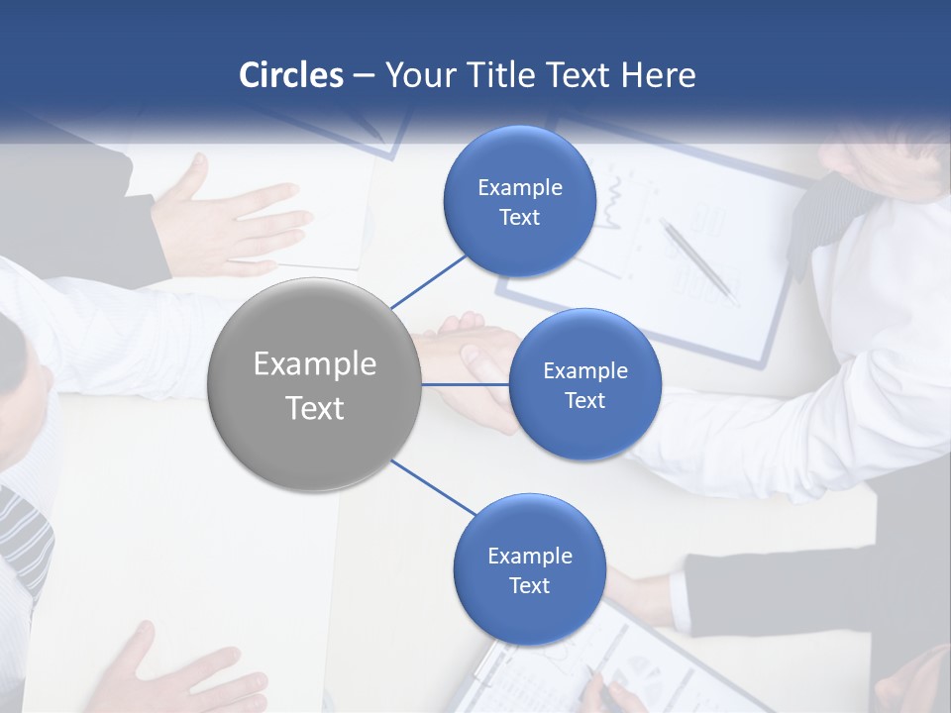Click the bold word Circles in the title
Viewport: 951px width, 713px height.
[x=290, y=75]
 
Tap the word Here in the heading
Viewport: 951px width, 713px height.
[x=658, y=75]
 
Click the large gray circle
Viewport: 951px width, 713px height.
[x=314, y=384]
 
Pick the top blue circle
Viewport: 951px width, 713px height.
[x=519, y=202]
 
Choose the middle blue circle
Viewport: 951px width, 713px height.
[x=584, y=384]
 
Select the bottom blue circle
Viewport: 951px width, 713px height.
[x=529, y=569]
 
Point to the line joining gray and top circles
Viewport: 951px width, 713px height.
[x=429, y=280]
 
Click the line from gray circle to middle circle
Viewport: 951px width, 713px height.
[x=465, y=384]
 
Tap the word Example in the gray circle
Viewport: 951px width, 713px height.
[x=314, y=363]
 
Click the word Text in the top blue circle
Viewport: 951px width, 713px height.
[x=519, y=218]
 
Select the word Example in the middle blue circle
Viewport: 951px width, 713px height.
[x=584, y=370]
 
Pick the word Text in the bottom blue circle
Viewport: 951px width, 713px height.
[x=529, y=585]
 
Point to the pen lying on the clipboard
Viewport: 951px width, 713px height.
[x=698, y=259]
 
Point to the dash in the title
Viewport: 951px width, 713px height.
[x=364, y=76]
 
